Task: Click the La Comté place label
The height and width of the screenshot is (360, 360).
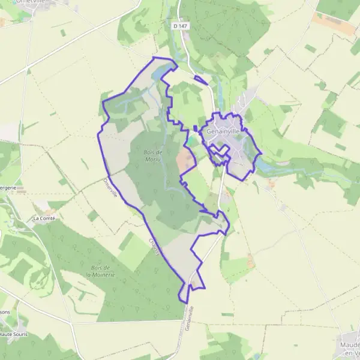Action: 44,218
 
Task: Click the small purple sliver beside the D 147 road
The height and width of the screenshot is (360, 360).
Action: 202,80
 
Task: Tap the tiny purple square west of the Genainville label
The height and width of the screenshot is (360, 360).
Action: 196,128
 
